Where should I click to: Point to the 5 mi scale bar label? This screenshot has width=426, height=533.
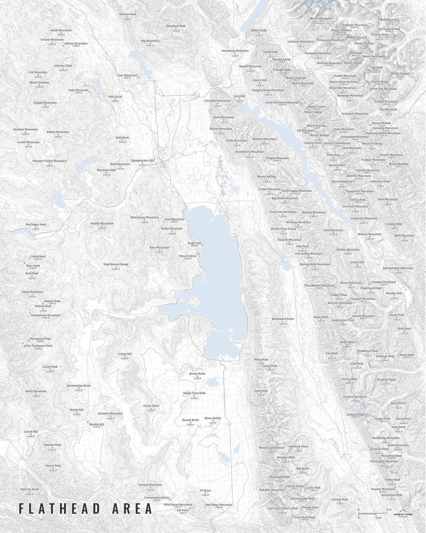[388, 509]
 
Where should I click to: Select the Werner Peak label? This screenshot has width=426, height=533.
[128, 14]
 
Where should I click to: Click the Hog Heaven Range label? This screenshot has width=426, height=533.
[116, 264]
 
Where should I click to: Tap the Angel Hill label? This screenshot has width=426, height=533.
[194, 243]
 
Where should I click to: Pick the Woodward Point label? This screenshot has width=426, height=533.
[283, 319]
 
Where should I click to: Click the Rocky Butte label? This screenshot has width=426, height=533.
[197, 373]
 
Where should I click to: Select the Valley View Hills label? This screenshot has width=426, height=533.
[194, 393]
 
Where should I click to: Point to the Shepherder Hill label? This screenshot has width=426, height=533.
[142, 160]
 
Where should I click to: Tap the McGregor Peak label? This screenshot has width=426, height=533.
[36, 224]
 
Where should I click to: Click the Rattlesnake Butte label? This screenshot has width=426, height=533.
[79, 385]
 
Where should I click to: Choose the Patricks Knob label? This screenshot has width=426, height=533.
[30, 490]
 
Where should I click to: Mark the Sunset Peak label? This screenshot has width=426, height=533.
[340, 499]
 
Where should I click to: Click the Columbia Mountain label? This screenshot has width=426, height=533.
[217, 100]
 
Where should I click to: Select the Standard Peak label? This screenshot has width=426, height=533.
[175, 26]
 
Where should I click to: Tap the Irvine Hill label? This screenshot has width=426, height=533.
[124, 354]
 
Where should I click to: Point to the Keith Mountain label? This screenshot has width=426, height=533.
[61, 31]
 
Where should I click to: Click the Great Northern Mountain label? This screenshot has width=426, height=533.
[283, 102]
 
